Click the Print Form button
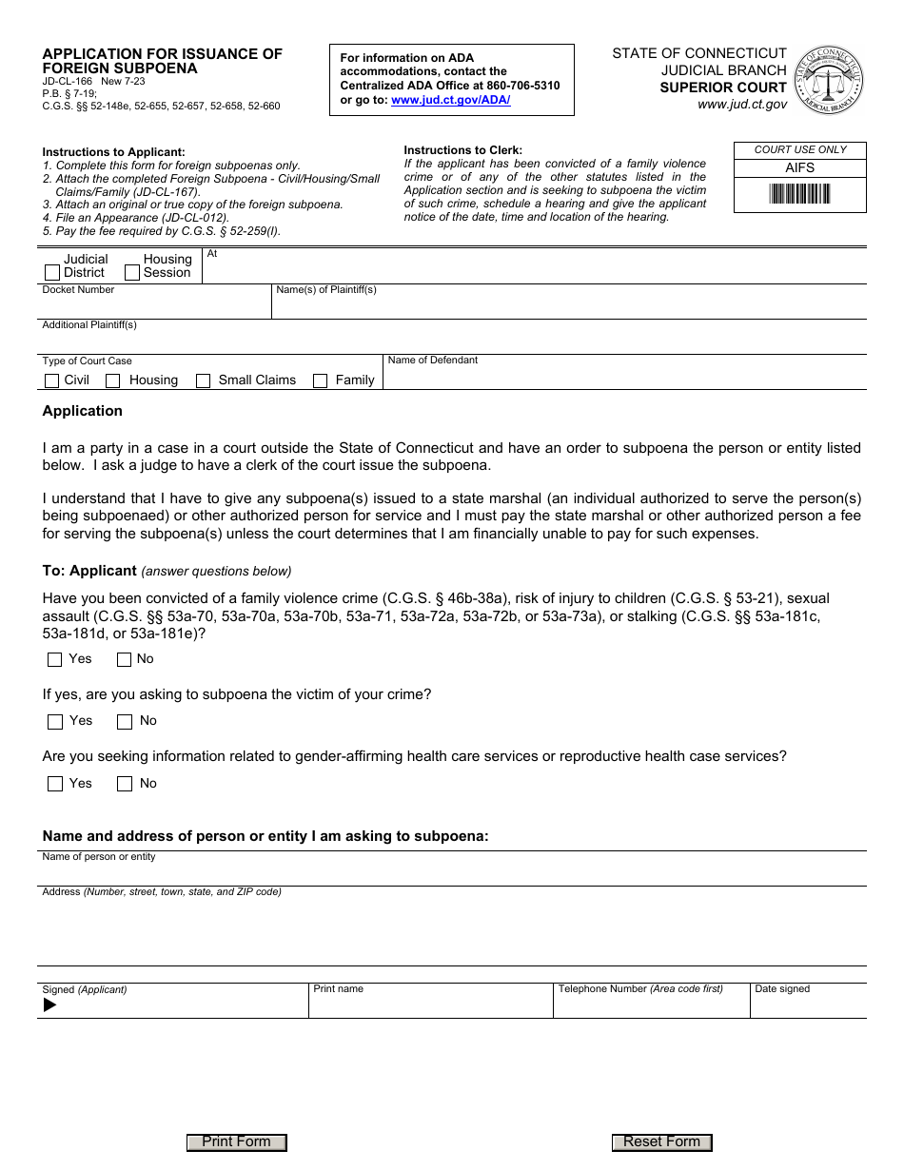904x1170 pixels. point(236,1142)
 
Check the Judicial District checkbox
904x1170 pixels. point(52,273)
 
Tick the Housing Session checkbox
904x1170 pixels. point(133,273)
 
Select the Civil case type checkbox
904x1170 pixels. point(52,380)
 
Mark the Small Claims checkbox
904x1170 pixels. point(203,380)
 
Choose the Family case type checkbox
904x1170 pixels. point(320,380)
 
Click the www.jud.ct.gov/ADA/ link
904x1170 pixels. point(450,100)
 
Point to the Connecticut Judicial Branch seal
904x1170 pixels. point(829,80)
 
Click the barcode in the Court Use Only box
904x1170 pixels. point(799,195)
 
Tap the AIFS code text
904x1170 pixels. point(799,167)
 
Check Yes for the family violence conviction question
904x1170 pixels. point(55,659)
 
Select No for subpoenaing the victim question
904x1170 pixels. point(125,722)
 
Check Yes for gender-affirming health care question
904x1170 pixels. point(55,784)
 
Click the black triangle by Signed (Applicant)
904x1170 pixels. point(49,1004)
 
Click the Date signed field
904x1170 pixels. point(808,1005)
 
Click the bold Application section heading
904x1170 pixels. point(83,411)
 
